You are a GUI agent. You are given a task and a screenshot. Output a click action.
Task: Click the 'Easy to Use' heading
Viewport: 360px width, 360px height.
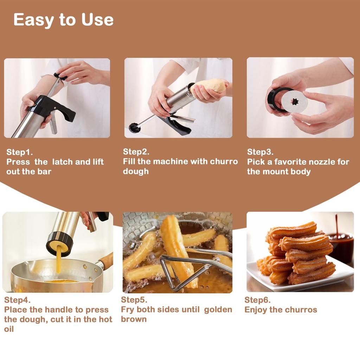point(63,20)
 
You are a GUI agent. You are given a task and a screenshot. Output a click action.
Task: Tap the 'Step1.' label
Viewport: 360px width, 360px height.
point(19,152)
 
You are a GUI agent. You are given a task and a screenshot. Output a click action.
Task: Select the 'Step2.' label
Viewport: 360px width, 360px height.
point(136,152)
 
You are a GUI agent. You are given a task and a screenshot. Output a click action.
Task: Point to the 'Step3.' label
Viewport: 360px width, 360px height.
point(260,152)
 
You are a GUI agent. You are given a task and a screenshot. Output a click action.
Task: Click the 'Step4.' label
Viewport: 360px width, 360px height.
point(17,300)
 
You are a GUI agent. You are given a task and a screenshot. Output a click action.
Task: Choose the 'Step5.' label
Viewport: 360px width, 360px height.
point(134,300)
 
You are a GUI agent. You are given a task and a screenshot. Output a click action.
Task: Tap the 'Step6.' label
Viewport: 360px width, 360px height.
point(257,300)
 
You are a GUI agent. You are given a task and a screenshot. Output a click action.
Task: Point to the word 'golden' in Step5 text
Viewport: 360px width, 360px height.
point(218,310)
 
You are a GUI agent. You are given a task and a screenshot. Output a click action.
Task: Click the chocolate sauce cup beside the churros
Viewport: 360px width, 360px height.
point(340,246)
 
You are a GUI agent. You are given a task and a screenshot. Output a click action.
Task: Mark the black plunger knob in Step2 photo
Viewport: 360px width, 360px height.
point(134,128)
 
